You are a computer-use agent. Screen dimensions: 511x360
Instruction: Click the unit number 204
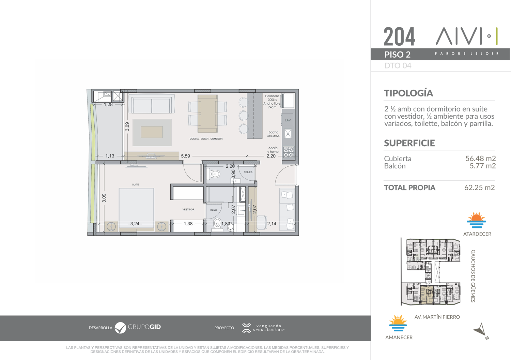pyautogui.click(x=399, y=36)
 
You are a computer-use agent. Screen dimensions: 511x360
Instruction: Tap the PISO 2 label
pyautogui.click(x=398, y=55)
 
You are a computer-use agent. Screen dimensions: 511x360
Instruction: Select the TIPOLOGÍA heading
pyautogui.click(x=408, y=93)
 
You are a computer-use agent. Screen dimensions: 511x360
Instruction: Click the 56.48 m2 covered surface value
pyautogui.click(x=480, y=158)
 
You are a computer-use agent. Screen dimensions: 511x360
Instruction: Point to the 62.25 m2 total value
pyautogui.click(x=480, y=187)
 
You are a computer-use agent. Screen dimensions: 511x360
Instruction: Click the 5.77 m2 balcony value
pyautogui.click(x=482, y=166)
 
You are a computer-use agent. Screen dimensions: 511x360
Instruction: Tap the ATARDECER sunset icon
pyautogui.click(x=476, y=220)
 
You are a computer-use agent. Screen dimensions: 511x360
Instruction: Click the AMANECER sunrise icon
pyautogui.click(x=398, y=323)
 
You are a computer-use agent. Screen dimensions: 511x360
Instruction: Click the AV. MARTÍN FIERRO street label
pyautogui.click(x=437, y=317)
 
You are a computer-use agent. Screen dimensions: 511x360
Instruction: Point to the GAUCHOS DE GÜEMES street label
pyautogui.click(x=473, y=276)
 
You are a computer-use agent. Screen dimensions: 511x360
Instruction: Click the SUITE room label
pyautogui.click(x=136, y=184)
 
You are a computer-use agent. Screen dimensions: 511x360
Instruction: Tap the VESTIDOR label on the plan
pyautogui.click(x=188, y=209)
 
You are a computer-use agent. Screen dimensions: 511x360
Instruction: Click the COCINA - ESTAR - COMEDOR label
pyautogui.click(x=206, y=139)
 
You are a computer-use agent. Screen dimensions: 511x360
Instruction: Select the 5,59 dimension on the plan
pyautogui.click(x=185, y=156)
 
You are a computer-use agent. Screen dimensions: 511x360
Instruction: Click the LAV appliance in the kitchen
pyautogui.click(x=288, y=120)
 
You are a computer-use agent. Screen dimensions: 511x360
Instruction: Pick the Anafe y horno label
pyautogui.click(x=273, y=150)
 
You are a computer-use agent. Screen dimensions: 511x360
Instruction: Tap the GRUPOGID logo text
pyautogui.click(x=144, y=327)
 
